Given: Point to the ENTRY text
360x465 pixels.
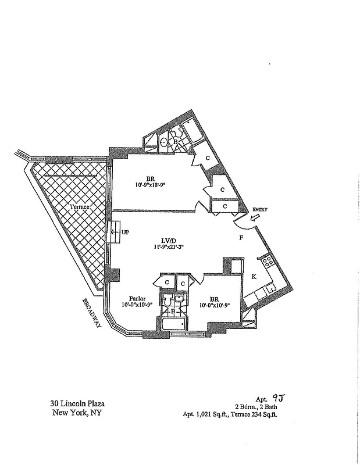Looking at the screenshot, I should coord(260,209).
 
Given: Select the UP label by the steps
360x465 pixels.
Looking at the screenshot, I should coord(124,232).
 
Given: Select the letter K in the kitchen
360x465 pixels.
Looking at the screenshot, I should coord(254,277).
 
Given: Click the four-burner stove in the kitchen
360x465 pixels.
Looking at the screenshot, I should coord(269,262).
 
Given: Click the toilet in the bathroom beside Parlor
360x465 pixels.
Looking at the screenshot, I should coord(167,300).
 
